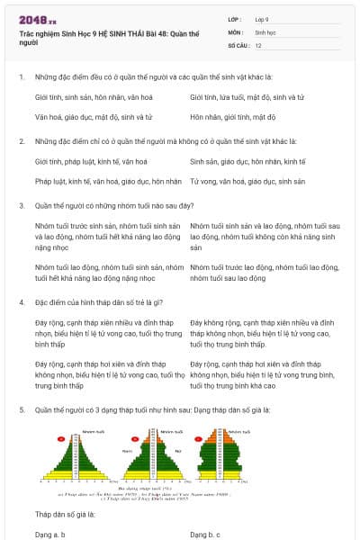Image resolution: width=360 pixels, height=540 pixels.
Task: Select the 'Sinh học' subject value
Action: [x=265, y=31]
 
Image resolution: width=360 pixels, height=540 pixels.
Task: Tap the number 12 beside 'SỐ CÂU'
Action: [x=258, y=44]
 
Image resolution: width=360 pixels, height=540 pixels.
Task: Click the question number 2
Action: [x=21, y=141]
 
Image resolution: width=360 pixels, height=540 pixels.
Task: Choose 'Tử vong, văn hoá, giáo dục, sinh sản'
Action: [x=247, y=181]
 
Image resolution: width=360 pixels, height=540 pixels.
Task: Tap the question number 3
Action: [x=21, y=206]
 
